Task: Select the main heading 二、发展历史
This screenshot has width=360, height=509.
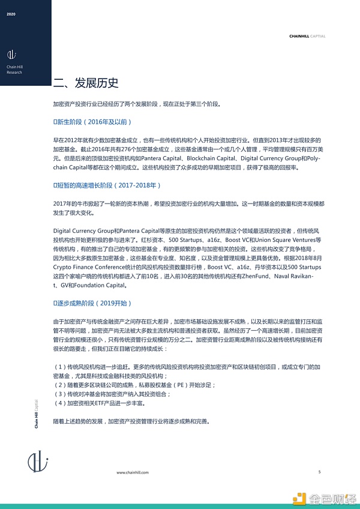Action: tap(86, 83)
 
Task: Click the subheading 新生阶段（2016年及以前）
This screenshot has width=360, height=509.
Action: tap(91, 122)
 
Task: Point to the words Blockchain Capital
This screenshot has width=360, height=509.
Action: tap(211, 158)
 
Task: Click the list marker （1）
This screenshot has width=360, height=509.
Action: tap(60, 366)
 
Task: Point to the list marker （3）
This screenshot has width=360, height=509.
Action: tap(60, 395)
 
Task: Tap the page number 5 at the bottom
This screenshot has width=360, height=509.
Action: tap(319, 472)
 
